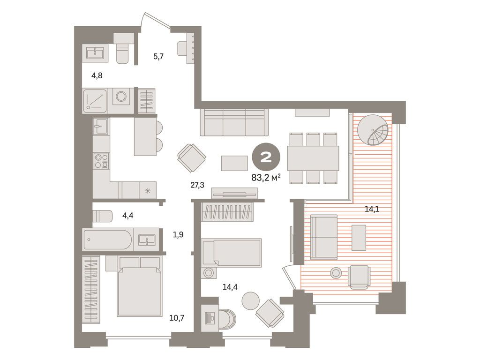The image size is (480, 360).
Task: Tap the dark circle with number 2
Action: pos(266,157)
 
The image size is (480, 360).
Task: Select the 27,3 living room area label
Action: pos(197,185)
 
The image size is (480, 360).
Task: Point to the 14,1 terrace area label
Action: pos(372,209)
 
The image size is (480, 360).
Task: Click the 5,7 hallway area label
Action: pos(158,57)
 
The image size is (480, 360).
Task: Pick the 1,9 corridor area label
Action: pos(178,234)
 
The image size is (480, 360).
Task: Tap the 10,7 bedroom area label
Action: pos(177,318)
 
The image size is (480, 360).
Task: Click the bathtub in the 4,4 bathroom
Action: pos(108,240)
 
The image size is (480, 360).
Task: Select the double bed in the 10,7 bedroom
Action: pos(139,286)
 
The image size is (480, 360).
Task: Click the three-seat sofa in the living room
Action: pos(234,122)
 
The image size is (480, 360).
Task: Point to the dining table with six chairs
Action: pos(313,158)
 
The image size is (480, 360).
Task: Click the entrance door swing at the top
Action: pos(155,21)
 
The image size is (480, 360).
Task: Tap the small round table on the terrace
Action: pos(336,272)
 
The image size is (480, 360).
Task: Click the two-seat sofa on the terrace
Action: pos(324,237)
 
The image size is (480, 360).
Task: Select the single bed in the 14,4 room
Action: pos(232,253)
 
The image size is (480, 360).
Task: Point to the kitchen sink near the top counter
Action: pos(101,126)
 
